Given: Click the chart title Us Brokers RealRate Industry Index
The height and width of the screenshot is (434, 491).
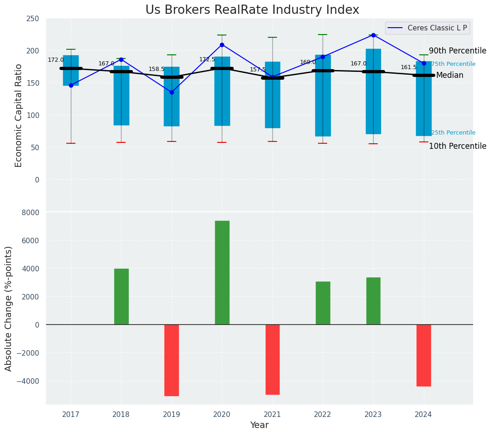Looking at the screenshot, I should point(252,10).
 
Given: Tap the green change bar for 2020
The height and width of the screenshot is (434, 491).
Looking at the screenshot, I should point(222,273).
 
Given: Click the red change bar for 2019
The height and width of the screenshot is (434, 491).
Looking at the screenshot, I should point(172,360).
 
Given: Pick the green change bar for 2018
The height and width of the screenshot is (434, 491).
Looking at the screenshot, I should point(121,297).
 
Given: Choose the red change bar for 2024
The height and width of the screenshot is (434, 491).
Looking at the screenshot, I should point(423,355).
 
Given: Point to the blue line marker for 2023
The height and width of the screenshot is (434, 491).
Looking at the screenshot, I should point(373,35).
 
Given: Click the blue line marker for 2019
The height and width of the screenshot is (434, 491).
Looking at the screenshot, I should point(172,92).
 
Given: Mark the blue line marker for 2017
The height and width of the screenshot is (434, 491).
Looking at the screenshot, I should point(71,85).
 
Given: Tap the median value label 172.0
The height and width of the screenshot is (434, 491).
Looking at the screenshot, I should point(56,60).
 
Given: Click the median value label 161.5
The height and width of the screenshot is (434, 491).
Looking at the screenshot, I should point(409,67).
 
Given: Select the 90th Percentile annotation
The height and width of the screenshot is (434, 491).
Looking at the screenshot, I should point(457,51).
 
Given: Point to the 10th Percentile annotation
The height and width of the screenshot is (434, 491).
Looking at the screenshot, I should point(457,146).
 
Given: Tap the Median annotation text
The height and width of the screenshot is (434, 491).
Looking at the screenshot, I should point(450,75).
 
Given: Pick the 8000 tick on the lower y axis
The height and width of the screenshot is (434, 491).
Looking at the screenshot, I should point(30,212).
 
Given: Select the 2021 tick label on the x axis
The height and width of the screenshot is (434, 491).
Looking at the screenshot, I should point(272,414).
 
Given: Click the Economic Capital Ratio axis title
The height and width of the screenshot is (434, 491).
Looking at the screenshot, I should point(18,115).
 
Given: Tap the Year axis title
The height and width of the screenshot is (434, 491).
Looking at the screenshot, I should point(259,425).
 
